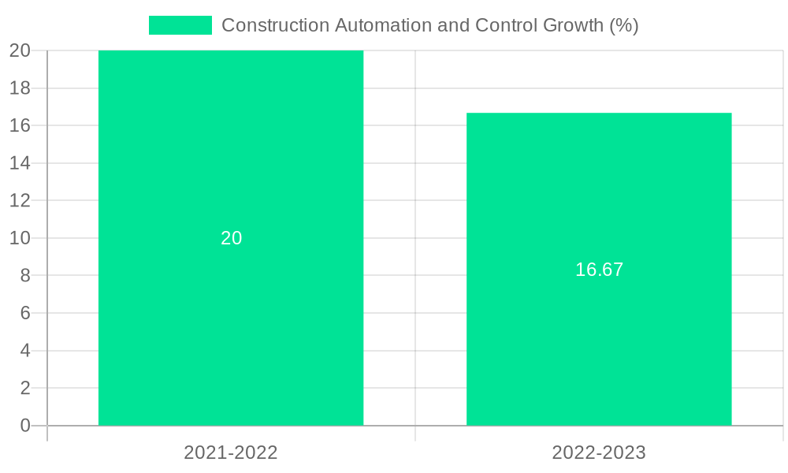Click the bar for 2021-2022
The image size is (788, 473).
231,331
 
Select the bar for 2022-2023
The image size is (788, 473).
599,347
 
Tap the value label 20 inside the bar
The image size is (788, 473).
231,238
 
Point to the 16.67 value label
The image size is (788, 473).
599,270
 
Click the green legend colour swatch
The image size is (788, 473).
180,25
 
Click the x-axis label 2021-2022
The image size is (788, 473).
231,453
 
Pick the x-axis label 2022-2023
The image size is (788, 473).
599,453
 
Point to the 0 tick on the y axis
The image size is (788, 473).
25,426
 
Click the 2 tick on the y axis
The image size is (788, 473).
25,388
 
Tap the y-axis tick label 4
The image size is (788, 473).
25,351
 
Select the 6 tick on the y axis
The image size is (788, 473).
25,313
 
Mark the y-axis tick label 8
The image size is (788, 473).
25,276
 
